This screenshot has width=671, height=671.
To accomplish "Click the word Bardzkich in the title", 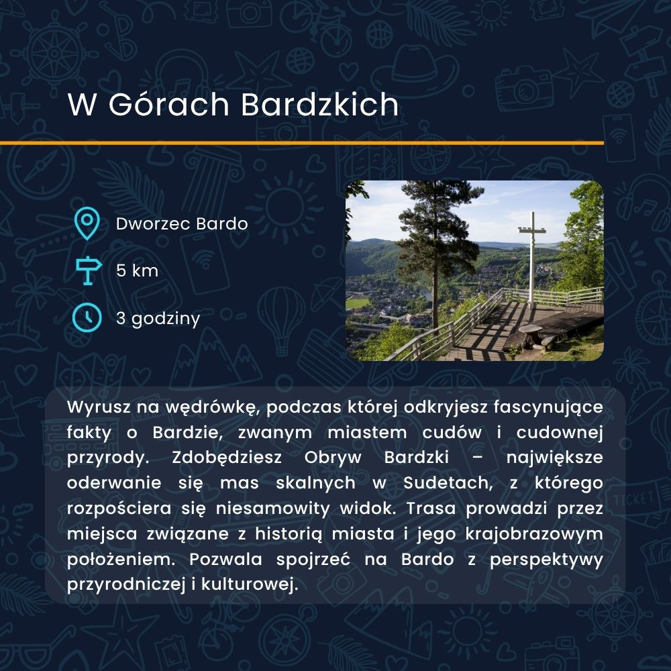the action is point(319,104).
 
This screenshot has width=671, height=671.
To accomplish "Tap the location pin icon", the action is point(87,223).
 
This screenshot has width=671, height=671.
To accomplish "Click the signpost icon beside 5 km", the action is point(88,270).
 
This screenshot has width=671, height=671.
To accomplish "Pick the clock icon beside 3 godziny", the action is point(87,317).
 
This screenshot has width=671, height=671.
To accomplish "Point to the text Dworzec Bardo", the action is point(182,224).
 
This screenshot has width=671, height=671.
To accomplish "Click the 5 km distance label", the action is point(137,270).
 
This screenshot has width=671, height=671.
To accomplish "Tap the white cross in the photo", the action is point(532,257).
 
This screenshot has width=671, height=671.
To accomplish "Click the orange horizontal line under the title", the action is point(302,143).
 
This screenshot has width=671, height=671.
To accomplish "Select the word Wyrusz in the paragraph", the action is point(99,407).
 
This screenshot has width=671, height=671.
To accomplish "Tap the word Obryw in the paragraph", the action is point(333,458).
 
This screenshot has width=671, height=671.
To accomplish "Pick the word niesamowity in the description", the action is point(272,509).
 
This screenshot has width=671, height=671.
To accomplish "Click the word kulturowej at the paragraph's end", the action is point(250,584).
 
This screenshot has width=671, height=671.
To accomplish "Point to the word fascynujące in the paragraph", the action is point(548,408).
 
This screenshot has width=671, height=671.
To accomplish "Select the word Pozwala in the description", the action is point(225,560).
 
